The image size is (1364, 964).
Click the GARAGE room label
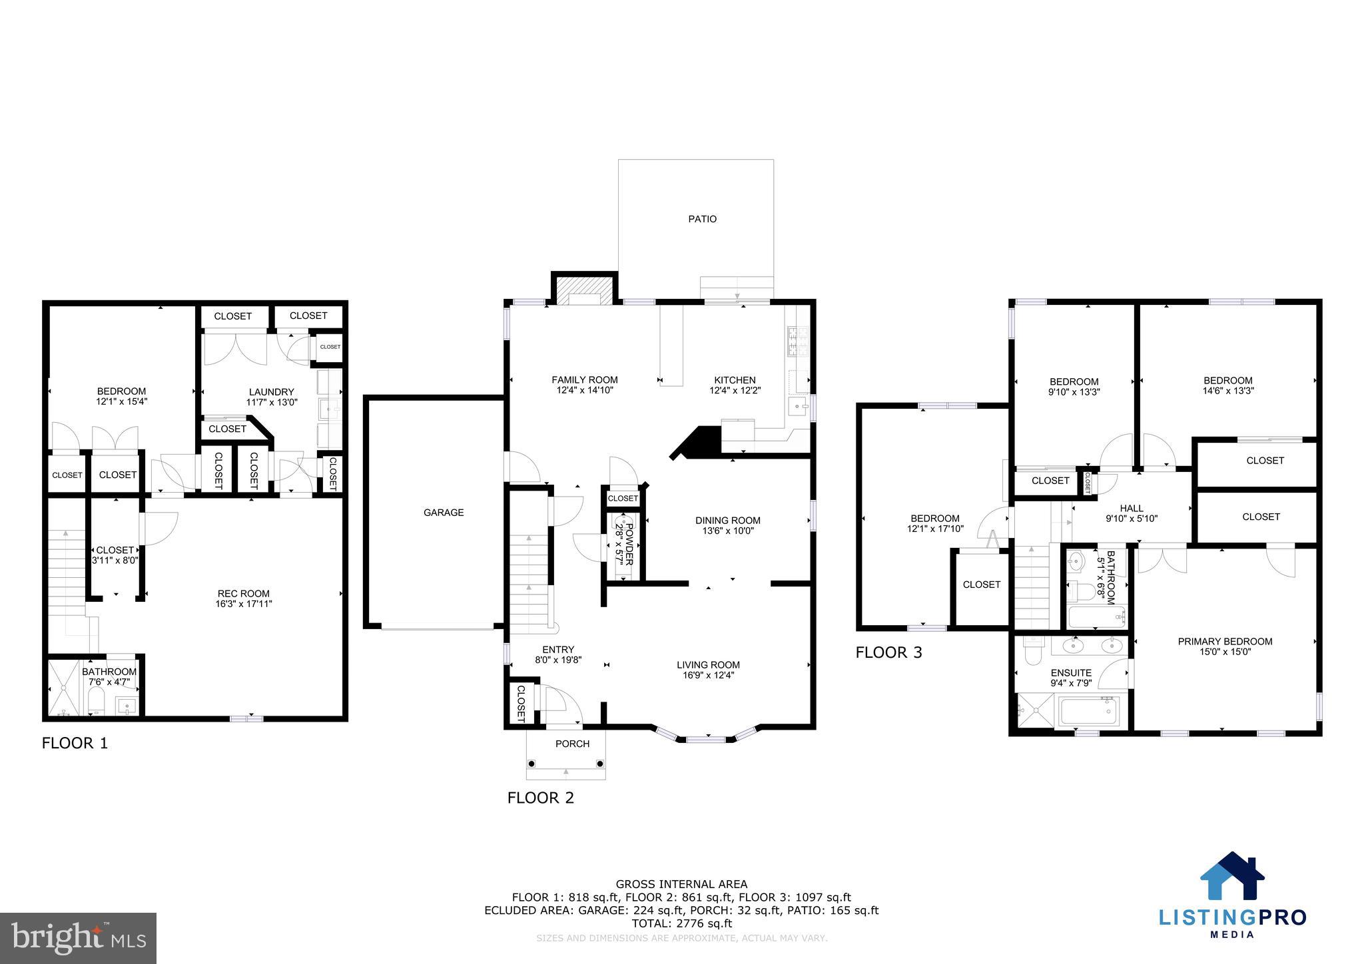[444, 513]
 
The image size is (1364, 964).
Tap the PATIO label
[702, 219]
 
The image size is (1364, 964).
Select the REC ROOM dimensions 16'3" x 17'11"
[244, 604]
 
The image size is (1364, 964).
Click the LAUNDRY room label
[271, 392]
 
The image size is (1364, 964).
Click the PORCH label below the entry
[572, 744]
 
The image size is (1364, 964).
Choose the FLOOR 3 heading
[888, 652]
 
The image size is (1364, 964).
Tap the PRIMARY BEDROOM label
[1225, 642]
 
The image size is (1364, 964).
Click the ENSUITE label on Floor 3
[1071, 672]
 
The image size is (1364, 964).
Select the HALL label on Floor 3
[1131, 508]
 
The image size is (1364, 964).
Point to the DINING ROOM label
[727, 521]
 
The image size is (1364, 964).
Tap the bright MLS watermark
[79, 938]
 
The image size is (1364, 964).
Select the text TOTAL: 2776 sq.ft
[681, 923]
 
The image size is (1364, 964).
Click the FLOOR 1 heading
[75, 743]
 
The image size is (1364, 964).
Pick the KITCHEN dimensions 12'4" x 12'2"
[735, 391]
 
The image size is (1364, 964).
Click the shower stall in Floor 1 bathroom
[63, 687]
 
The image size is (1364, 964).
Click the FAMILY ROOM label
[584, 380]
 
